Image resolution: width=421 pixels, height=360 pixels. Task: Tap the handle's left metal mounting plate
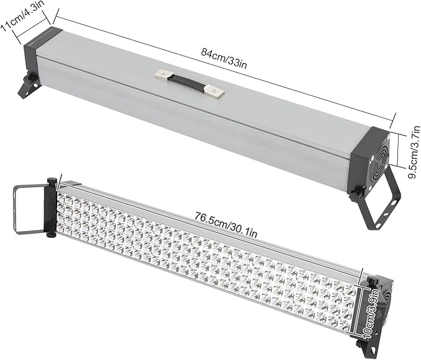[x=163, y=75]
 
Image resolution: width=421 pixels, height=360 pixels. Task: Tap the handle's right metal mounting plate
[x=216, y=93]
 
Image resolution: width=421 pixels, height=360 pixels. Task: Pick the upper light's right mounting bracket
[x=379, y=198]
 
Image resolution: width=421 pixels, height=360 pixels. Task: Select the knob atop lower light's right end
[x=373, y=282]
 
